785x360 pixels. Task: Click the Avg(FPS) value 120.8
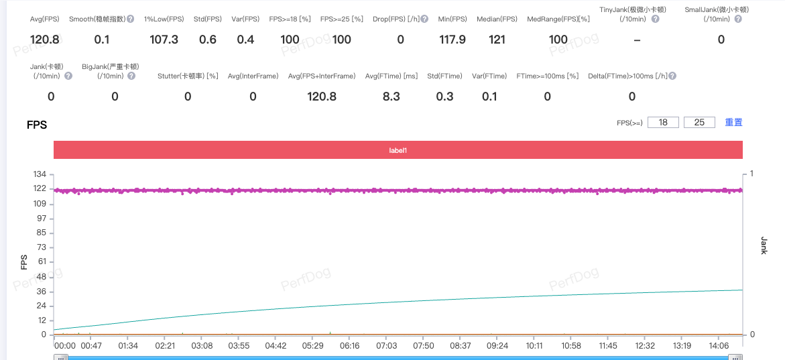(46, 40)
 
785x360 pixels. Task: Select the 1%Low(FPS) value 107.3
(164, 40)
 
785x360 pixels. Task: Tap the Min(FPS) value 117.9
(452, 40)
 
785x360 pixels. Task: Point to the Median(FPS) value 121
(497, 40)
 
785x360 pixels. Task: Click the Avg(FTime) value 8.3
(391, 97)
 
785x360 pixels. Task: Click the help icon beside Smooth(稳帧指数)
(130, 19)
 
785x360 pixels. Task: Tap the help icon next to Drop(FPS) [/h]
(424, 19)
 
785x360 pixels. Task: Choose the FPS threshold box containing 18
(663, 122)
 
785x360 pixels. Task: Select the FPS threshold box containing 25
(700, 122)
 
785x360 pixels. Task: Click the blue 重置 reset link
(733, 122)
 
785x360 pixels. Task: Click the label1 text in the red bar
(398, 150)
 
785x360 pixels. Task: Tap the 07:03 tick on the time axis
(386, 346)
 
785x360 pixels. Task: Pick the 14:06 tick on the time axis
(719, 346)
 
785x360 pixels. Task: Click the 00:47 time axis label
(91, 346)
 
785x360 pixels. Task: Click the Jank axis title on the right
(764, 245)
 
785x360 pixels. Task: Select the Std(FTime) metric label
(444, 76)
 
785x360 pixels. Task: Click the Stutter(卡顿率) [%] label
(188, 76)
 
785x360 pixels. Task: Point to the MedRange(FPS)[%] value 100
(558, 40)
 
